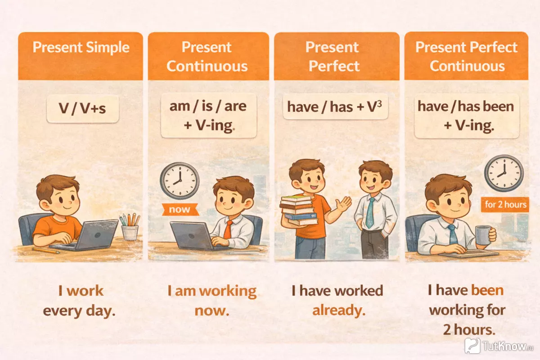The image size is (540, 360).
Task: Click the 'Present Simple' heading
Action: pyautogui.click(x=81, y=47)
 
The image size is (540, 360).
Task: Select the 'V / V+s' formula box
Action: pyautogui.click(x=83, y=109)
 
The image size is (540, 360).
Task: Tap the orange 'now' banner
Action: pyautogui.click(x=180, y=209)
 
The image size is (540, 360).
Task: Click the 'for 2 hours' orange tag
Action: pyautogui.click(x=505, y=204)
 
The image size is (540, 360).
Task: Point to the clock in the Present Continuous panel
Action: pyautogui.click(x=180, y=180)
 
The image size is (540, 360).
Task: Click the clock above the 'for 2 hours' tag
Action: pyautogui.click(x=504, y=173)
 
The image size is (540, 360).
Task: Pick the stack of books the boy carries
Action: pyautogui.click(x=299, y=210)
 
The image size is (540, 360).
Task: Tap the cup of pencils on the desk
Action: pyautogui.click(x=130, y=227)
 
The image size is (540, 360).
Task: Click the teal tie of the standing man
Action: pyautogui.click(x=370, y=212)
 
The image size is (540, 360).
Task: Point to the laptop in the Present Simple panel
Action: pyautogui.click(x=85, y=235)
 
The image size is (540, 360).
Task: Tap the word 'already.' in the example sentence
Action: pyautogui.click(x=339, y=310)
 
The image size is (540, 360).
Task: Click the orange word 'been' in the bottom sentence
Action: pyautogui.click(x=487, y=290)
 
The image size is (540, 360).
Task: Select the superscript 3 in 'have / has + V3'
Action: pyautogui.click(x=379, y=104)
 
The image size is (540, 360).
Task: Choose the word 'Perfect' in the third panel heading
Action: pyautogui.click(x=334, y=66)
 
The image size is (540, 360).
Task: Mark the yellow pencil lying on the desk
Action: pyautogui.click(x=46, y=251)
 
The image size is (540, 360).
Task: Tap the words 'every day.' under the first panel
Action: pyautogui.click(x=79, y=311)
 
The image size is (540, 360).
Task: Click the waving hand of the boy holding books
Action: pyautogui.click(x=344, y=205)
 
